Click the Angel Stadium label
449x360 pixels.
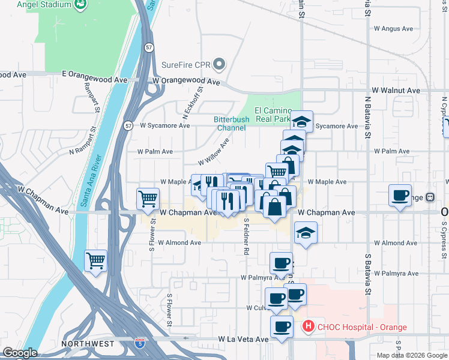[x=44, y=5]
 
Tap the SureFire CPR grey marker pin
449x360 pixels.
[x=220, y=64]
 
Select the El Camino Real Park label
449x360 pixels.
[x=273, y=115]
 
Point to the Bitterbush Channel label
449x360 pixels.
[x=230, y=124]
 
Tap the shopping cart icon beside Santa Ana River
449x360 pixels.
[x=95, y=261]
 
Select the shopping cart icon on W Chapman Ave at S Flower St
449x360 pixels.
[x=148, y=198]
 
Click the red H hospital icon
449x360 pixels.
[x=309, y=327]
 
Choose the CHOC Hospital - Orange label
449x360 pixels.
[x=362, y=327]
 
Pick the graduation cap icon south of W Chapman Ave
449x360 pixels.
[x=306, y=233]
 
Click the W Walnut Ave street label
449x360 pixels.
[x=396, y=90]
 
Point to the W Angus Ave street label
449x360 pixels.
[x=394, y=28]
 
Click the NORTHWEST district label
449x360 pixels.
[x=88, y=344]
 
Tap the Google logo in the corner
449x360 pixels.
[x=20, y=353]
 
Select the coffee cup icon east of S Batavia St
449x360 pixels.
[x=400, y=196]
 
